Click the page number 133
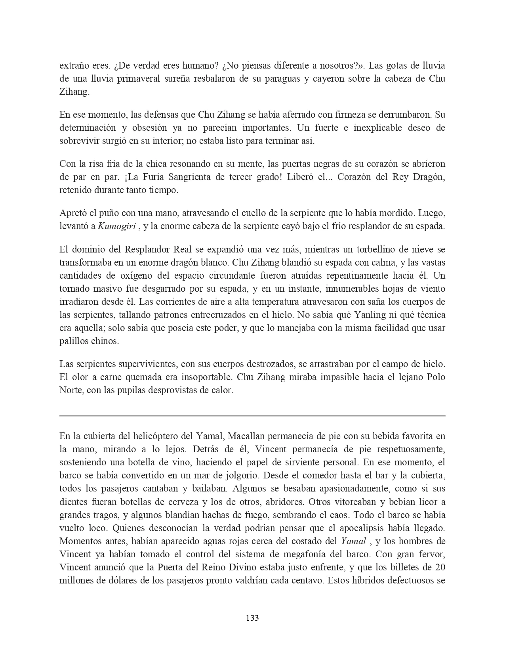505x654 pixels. click(252, 618)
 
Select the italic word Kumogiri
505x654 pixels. click(117, 226)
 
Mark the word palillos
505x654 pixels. click(74, 341)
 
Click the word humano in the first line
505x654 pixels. click(192, 65)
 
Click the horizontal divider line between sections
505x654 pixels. click(252, 415)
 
